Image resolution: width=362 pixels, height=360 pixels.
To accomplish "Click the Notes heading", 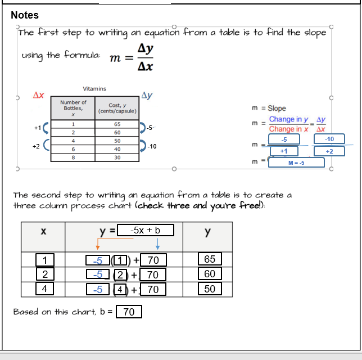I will [25, 15].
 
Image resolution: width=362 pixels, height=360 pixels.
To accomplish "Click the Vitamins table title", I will [94, 89].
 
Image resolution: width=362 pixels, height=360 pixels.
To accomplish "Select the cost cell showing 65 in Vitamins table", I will [117, 124].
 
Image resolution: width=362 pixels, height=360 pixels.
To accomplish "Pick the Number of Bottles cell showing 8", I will [73, 157].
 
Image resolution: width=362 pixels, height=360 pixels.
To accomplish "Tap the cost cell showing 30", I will [117, 157].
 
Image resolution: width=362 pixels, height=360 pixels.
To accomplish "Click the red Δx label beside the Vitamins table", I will [39, 96].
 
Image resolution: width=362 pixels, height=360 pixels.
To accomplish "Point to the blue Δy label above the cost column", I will [148, 95].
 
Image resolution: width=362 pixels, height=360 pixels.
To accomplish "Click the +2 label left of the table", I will [36, 146].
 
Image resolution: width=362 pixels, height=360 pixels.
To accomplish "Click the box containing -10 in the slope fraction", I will [329, 139].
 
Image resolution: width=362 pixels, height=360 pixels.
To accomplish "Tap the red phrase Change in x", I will [288, 129].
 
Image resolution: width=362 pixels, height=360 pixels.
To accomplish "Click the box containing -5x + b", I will [145, 230].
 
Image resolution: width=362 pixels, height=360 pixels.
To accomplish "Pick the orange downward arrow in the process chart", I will [98, 244].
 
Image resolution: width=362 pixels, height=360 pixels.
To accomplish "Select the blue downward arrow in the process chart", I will [158, 244].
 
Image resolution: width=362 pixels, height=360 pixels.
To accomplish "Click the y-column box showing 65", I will [210, 259].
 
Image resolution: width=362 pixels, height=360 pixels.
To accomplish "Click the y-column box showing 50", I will [210, 289].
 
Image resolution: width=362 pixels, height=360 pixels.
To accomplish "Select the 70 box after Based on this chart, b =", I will [129, 312].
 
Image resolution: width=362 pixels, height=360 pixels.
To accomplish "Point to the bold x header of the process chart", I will [43, 231].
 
